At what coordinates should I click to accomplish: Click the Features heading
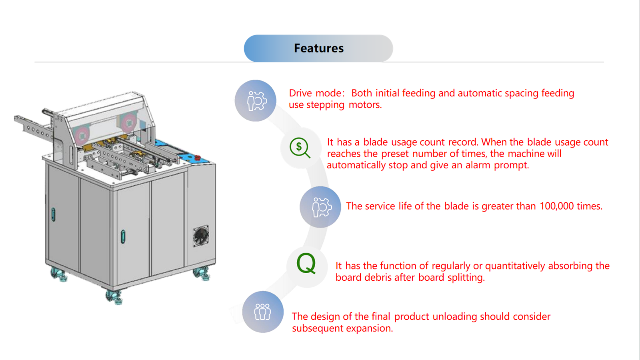318,48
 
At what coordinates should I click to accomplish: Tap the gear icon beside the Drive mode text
256,100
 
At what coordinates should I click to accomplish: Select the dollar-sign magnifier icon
300,148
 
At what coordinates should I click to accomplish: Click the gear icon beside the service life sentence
320,207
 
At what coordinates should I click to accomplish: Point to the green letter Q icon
306,264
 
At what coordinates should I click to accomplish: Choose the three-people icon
262,312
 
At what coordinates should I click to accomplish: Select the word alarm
478,165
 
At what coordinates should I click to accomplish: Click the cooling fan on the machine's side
201,236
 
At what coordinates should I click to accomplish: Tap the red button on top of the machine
198,158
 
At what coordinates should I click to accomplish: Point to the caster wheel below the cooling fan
202,273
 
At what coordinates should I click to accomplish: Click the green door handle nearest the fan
123,236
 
